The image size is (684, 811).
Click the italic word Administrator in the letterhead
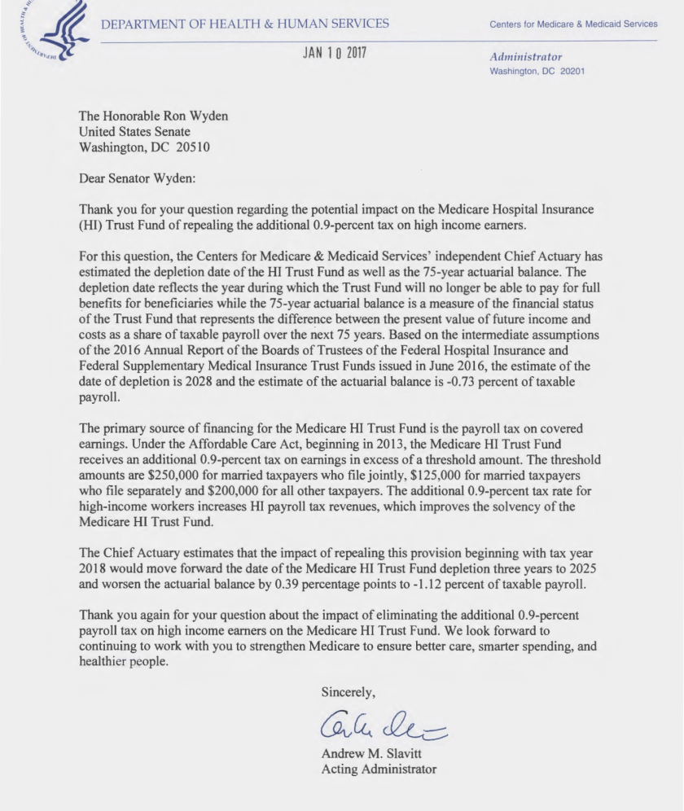tap(525, 57)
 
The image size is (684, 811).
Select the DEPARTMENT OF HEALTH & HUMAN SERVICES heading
tap(245, 24)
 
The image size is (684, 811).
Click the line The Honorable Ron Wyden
tap(153, 116)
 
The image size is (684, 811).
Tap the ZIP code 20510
tap(208, 147)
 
